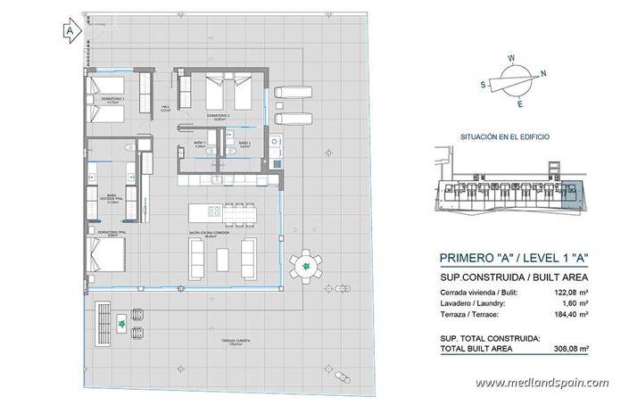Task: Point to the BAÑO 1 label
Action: [x=200, y=145]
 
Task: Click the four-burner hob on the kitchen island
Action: [x=214, y=211]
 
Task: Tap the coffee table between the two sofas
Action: [x=223, y=258]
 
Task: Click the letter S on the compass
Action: [x=482, y=87]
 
